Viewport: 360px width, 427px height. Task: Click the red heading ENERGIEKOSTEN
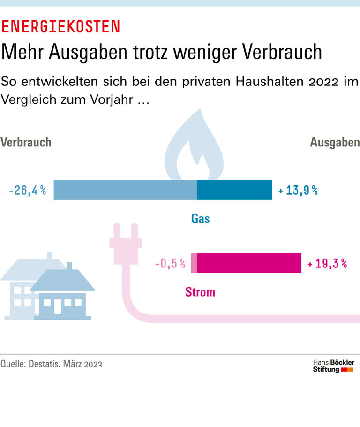coord(60,26)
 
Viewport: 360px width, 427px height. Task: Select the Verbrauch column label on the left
coord(26,142)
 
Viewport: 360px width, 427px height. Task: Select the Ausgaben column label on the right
coord(335,143)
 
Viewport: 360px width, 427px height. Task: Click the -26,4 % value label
coord(28,190)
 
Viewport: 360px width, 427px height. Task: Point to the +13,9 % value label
coord(298,190)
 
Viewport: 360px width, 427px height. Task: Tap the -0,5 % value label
coord(170,263)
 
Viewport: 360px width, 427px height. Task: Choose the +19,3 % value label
coord(327,263)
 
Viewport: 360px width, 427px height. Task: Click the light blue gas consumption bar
coord(125,190)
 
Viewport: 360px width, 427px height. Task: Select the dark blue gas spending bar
coord(234,190)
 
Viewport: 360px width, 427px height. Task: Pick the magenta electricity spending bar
coord(249,263)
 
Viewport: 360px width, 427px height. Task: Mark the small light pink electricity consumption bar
coord(194,263)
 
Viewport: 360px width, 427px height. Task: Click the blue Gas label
coord(200,218)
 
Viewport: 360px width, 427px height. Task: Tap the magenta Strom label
coord(200,292)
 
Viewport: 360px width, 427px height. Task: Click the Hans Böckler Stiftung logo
coord(333,366)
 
